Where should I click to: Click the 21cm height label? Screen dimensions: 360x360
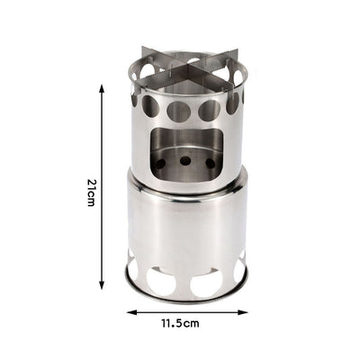point(91,192)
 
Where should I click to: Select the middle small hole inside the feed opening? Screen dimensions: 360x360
point(185,160)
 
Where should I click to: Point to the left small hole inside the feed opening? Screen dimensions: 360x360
point(161,163)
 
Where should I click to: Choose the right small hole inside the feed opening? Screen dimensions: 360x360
point(210,163)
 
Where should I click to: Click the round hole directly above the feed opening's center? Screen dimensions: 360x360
point(179,112)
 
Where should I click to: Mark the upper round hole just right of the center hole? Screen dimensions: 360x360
point(209,110)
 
